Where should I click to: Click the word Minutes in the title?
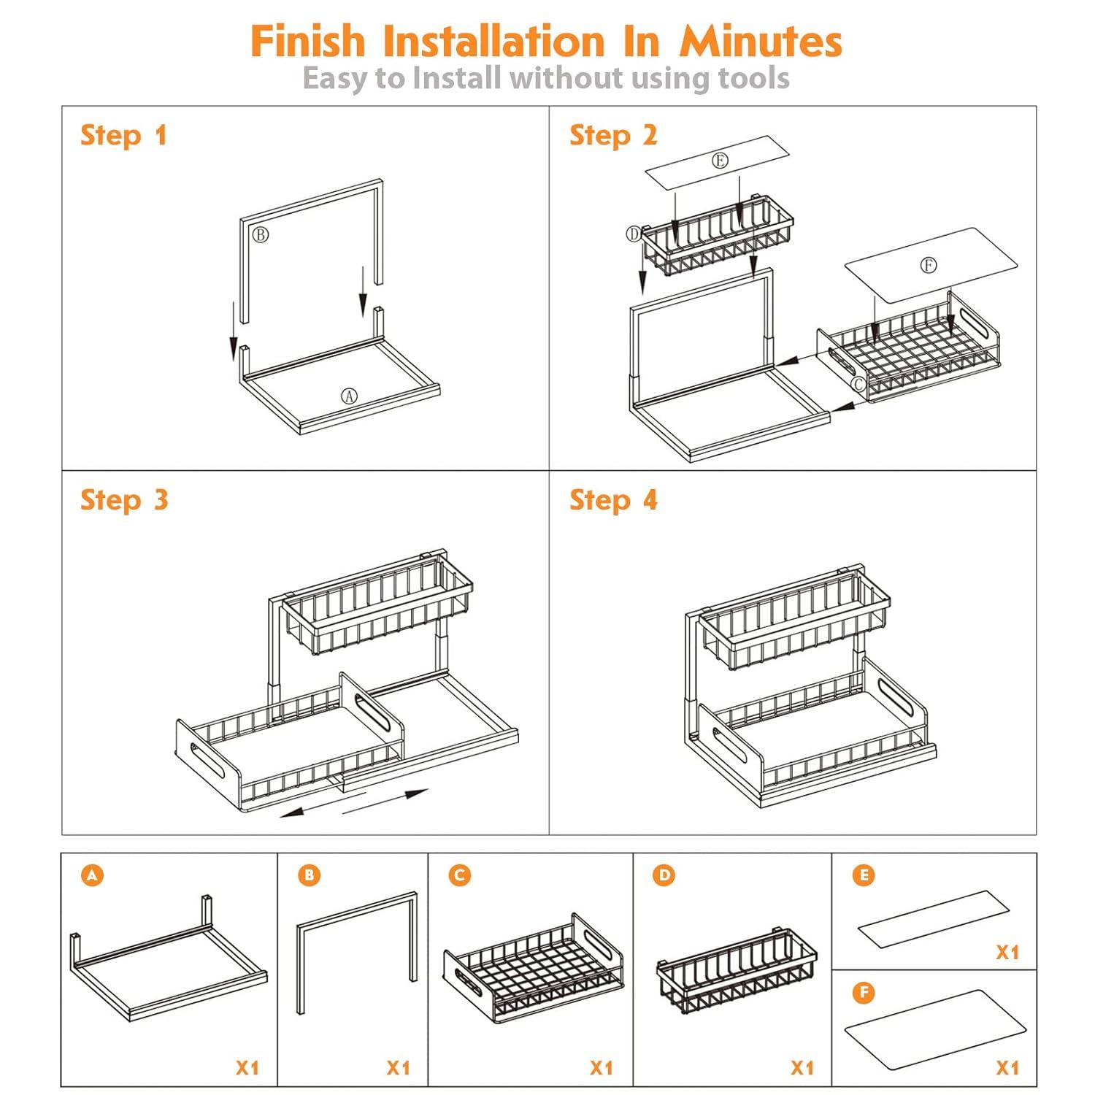[x=761, y=41]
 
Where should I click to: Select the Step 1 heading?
[x=123, y=136]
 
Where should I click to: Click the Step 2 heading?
[x=613, y=136]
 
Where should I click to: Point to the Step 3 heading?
[x=124, y=501]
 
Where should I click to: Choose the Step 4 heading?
[x=613, y=501]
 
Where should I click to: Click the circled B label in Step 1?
[x=261, y=234]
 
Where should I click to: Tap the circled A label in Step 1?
[x=350, y=396]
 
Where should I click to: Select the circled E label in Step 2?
[x=720, y=161]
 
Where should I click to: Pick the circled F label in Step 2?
[x=928, y=265]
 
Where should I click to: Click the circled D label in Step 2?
[x=633, y=234]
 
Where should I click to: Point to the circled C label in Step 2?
[x=858, y=384]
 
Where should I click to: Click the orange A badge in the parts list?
[x=92, y=875]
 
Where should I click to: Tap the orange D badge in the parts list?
[x=664, y=875]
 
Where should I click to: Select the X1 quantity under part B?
[x=398, y=1068]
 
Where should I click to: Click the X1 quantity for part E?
[x=1007, y=952]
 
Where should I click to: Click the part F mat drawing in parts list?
[x=935, y=1029]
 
